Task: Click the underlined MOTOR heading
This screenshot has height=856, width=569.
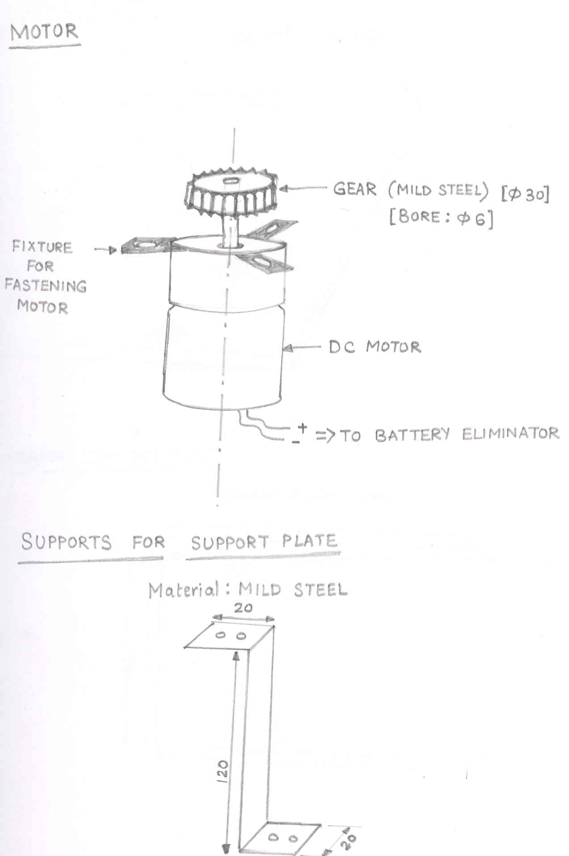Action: (x=44, y=32)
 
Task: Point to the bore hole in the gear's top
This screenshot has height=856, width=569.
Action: (x=231, y=181)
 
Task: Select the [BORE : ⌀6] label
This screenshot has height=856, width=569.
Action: (x=441, y=217)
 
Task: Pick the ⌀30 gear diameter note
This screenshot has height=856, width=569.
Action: (x=526, y=194)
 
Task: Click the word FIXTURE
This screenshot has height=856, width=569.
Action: (x=42, y=247)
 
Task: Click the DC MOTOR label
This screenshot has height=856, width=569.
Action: (x=375, y=347)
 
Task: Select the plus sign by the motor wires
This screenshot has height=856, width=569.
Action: (x=303, y=428)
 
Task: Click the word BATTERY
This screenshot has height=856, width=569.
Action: (x=412, y=434)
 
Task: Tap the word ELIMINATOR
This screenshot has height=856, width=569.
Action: (x=510, y=434)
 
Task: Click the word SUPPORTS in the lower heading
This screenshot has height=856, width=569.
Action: (x=66, y=542)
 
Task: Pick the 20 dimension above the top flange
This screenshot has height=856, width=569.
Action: (x=243, y=608)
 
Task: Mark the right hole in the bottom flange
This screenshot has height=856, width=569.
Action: (x=293, y=839)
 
